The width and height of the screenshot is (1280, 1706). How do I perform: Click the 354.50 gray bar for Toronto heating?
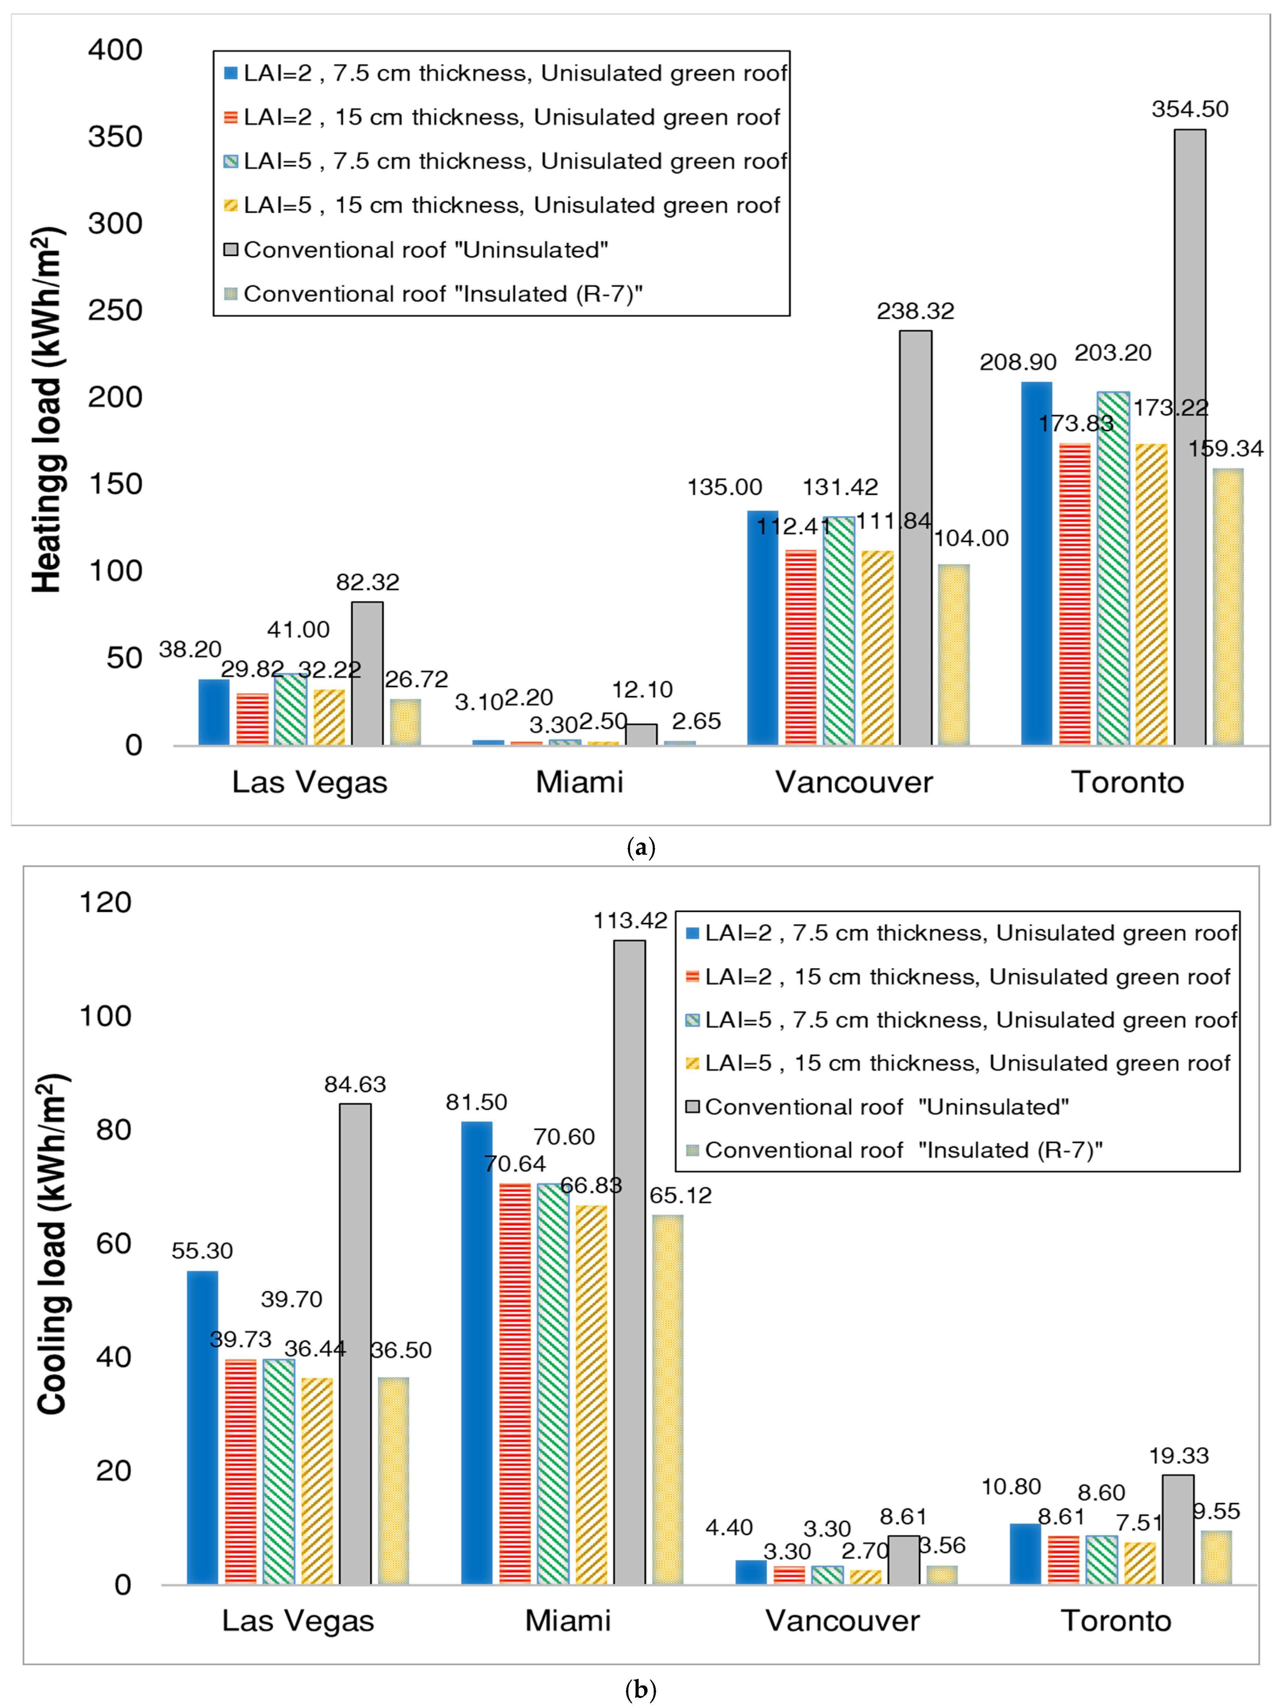(x=1190, y=437)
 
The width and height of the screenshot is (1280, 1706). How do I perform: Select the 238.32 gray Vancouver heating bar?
(x=916, y=538)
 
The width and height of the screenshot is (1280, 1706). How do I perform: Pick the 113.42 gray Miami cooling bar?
(x=630, y=1263)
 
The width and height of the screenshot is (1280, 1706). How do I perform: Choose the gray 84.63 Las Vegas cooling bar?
(x=355, y=1344)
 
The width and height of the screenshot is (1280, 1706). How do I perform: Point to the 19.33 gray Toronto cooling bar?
(x=1178, y=1530)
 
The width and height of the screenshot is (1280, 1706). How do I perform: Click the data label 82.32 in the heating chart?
(x=367, y=582)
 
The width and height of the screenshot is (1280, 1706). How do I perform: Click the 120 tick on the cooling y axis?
(x=106, y=902)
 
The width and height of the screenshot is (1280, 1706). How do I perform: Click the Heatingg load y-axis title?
(x=48, y=410)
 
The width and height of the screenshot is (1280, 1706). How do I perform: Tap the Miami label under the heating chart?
(x=579, y=782)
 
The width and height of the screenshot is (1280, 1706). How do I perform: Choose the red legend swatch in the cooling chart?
(x=692, y=976)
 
